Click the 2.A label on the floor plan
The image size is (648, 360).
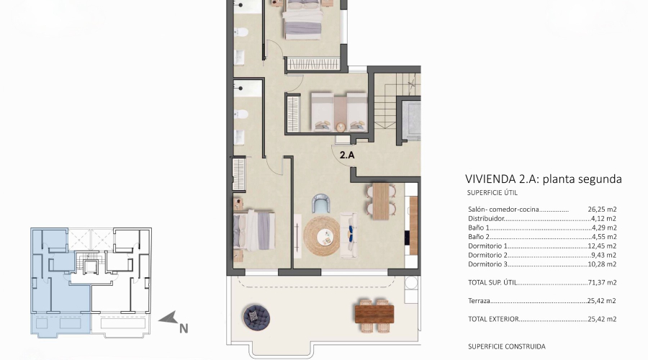(346, 153)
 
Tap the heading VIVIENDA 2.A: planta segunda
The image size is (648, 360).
(543, 179)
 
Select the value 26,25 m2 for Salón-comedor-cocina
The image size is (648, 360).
(601, 210)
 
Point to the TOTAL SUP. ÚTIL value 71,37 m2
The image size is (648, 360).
(601, 284)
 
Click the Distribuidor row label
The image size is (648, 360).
(486, 218)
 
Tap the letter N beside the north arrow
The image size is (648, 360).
(184, 328)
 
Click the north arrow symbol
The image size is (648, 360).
(168, 317)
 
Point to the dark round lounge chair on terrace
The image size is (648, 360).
(255, 315)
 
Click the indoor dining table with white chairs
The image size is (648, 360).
(379, 201)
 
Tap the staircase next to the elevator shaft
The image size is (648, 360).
(386, 108)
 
